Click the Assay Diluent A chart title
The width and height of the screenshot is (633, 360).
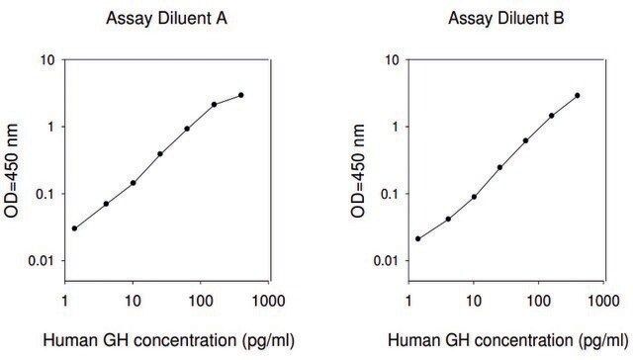click(x=166, y=18)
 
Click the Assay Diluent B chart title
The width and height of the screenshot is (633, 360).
click(x=505, y=18)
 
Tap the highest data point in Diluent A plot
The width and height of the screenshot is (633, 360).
click(x=241, y=95)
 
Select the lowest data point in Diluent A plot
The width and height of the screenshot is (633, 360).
click(x=74, y=228)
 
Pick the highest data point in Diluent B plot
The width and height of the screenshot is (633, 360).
click(x=578, y=96)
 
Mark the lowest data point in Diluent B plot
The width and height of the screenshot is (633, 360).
click(x=417, y=239)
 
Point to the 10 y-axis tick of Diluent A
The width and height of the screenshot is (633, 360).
click(x=46, y=60)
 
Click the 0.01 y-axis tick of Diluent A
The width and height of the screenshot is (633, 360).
click(x=41, y=261)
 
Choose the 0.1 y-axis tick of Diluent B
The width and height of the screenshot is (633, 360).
click(x=389, y=194)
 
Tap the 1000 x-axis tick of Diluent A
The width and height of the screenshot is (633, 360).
click(x=269, y=301)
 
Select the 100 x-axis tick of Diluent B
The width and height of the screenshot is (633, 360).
click(x=539, y=301)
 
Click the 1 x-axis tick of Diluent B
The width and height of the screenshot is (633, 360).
click(x=408, y=301)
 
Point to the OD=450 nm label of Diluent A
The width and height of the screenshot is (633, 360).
click(x=11, y=171)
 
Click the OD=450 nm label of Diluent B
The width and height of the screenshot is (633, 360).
click(x=358, y=171)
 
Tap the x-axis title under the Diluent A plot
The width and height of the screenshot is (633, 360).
click(x=169, y=341)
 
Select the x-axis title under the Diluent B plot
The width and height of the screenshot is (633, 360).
click(x=507, y=341)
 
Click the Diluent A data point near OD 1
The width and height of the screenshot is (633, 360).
click(x=187, y=129)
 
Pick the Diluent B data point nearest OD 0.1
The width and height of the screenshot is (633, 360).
click(x=474, y=197)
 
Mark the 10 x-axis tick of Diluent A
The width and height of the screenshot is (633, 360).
click(x=133, y=301)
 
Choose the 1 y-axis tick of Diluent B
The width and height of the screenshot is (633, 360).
click(x=395, y=128)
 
